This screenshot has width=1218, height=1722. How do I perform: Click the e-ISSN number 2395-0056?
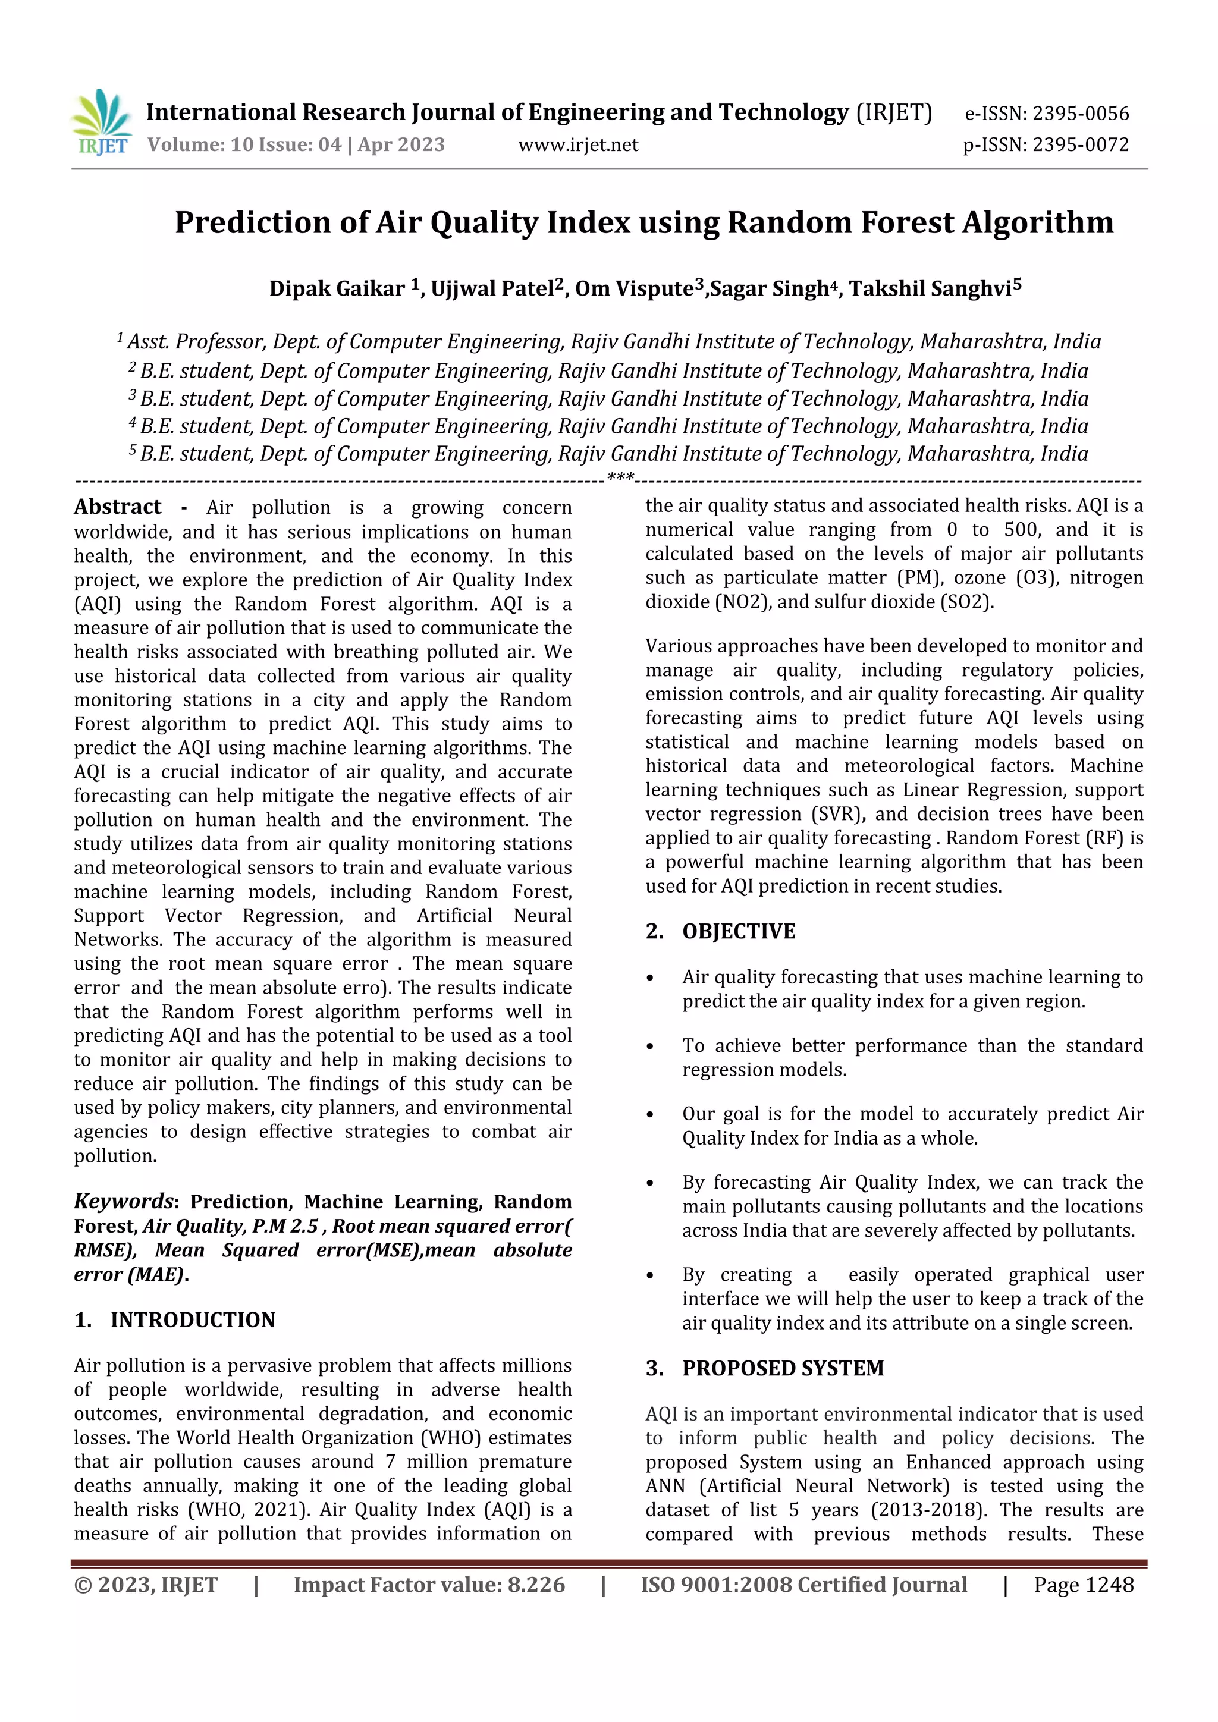click(1081, 114)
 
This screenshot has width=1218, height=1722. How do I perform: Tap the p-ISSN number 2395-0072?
click(1081, 144)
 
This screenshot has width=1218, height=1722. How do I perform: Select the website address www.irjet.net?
click(578, 144)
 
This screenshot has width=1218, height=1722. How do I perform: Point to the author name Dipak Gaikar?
click(337, 289)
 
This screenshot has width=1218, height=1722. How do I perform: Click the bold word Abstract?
click(118, 508)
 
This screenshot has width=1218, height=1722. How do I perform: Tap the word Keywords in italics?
click(124, 1202)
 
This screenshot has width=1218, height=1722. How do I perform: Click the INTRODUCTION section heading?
click(193, 1320)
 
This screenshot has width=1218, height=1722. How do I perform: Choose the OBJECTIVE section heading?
click(739, 932)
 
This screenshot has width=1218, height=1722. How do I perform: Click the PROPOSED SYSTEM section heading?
click(783, 1368)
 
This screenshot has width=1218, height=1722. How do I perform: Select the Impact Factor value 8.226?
click(536, 1585)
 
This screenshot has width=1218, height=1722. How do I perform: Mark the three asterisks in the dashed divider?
click(620, 477)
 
